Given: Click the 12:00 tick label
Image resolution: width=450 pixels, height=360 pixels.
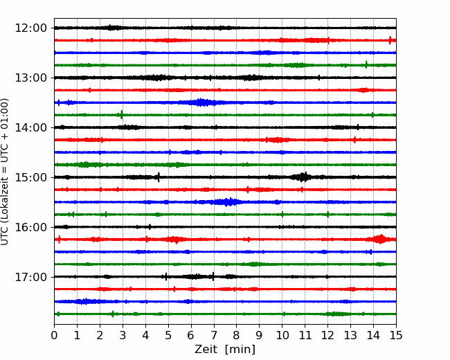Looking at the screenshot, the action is pyautogui.click(x=30, y=28).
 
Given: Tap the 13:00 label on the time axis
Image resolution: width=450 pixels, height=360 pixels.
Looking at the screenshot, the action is pyautogui.click(x=30, y=78).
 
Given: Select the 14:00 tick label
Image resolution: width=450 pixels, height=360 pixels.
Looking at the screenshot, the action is pyautogui.click(x=30, y=127).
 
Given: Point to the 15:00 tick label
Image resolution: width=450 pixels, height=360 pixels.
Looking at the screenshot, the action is pyautogui.click(x=30, y=177).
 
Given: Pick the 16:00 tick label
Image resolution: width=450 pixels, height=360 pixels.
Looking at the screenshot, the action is pyautogui.click(x=30, y=227).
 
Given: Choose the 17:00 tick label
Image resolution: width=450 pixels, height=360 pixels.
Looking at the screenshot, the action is pyautogui.click(x=30, y=277).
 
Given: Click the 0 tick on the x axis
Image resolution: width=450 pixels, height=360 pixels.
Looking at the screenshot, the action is pyautogui.click(x=54, y=335).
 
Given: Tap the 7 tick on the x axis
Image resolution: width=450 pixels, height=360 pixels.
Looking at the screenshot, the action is pyautogui.click(x=214, y=335).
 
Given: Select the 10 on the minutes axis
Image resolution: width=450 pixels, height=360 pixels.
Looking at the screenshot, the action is pyautogui.click(x=282, y=335).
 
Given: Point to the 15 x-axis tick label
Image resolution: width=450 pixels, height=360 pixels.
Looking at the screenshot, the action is pyautogui.click(x=396, y=335).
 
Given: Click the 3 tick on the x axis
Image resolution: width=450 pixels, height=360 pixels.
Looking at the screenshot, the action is pyautogui.click(x=123, y=335).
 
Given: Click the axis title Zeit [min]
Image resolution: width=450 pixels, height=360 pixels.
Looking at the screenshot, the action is pyautogui.click(x=225, y=350).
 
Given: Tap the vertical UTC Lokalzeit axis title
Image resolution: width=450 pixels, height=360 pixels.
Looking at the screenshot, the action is pyautogui.click(x=5, y=172).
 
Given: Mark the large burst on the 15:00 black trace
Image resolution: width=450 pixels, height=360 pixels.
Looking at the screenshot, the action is pyautogui.click(x=303, y=177).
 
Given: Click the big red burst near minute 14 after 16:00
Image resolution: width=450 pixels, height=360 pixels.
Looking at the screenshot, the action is pyautogui.click(x=380, y=239).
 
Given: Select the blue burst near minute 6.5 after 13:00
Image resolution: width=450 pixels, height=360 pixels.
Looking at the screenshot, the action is pyautogui.click(x=201, y=102).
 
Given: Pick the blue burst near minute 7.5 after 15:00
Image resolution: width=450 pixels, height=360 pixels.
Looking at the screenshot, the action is pyautogui.click(x=226, y=202).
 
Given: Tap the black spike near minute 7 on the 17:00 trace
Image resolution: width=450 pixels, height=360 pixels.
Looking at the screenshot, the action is pyautogui.click(x=213, y=276).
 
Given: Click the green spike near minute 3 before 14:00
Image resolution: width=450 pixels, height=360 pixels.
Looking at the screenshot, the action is pyautogui.click(x=121, y=114).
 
